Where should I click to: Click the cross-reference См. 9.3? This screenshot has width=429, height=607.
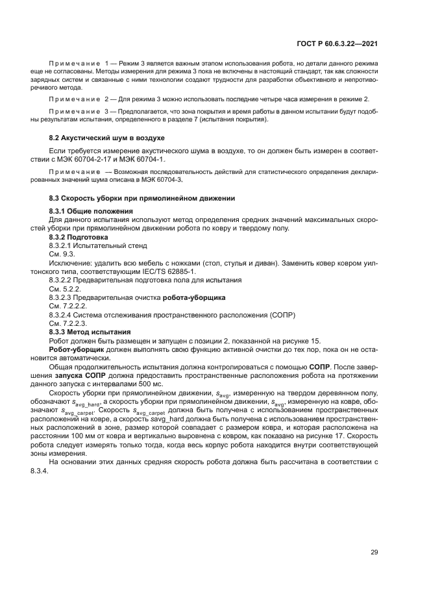[x=60, y=254]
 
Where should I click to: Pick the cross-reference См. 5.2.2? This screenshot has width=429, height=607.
[x=64, y=288]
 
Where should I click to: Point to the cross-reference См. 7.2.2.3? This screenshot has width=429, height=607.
[x=67, y=323]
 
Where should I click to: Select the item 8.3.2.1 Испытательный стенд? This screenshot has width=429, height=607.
[x=98, y=246]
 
